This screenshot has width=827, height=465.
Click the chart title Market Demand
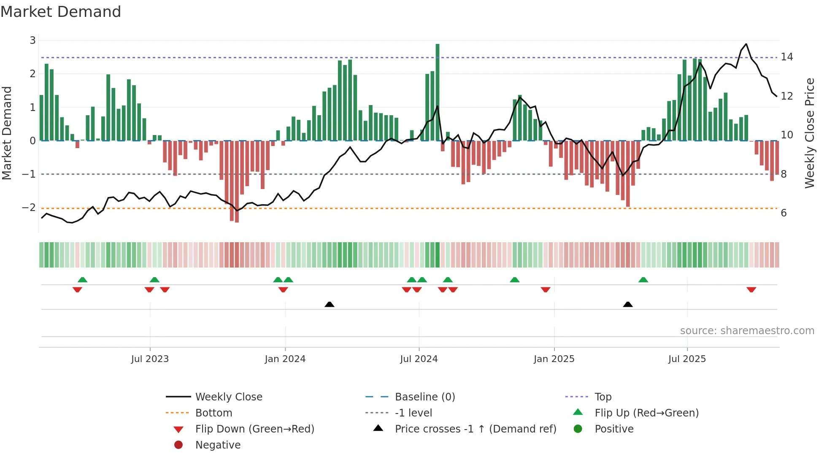(x=61, y=12)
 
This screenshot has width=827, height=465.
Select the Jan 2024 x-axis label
(x=285, y=359)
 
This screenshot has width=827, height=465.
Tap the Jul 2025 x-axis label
(x=687, y=359)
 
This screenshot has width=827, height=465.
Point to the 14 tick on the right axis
(x=786, y=57)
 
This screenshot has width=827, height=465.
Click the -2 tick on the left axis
(x=29, y=208)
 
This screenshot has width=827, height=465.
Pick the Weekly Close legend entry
(x=228, y=397)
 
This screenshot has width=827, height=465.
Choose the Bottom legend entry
(x=214, y=413)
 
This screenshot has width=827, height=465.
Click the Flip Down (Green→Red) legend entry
(x=254, y=429)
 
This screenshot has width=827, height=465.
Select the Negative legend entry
(x=218, y=445)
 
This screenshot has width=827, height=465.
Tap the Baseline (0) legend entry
(x=424, y=397)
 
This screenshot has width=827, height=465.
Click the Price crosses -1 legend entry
(x=475, y=429)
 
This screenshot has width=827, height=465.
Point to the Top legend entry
(x=603, y=397)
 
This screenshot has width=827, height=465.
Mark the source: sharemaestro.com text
(x=747, y=331)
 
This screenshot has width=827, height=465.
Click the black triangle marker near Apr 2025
(x=628, y=304)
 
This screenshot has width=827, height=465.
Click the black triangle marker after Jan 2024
(x=330, y=304)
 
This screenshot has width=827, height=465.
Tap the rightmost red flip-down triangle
(x=751, y=289)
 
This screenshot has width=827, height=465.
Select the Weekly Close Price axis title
(x=809, y=133)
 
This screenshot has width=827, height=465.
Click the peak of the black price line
(x=746, y=44)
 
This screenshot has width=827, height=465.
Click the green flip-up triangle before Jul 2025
(x=643, y=280)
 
